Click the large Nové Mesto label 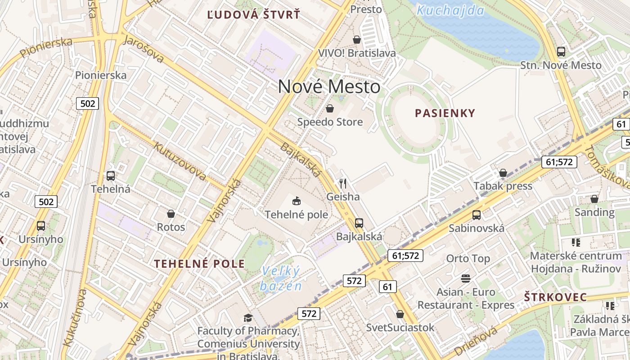pyautogui.click(x=329, y=86)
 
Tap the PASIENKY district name pyautogui.click(x=445, y=113)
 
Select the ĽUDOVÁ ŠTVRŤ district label pyautogui.click(x=253, y=15)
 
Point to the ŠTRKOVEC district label pyautogui.click(x=555, y=297)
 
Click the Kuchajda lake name pyautogui.click(x=450, y=10)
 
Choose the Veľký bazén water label pyautogui.click(x=280, y=279)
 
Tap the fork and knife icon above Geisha pyautogui.click(x=343, y=184)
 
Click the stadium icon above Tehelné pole pyautogui.click(x=296, y=201)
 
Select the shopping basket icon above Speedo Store pyautogui.click(x=330, y=108)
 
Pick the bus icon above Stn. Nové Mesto pyautogui.click(x=561, y=52)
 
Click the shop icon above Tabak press pyautogui.click(x=503, y=173)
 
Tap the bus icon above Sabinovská pyautogui.click(x=477, y=215)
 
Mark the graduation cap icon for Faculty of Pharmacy pyautogui.click(x=248, y=318)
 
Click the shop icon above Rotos pyautogui.click(x=171, y=214)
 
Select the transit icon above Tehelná pyautogui.click(x=111, y=176)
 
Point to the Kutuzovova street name pyautogui.click(x=180, y=161)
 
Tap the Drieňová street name pyautogui.click(x=476, y=341)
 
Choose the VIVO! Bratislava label pyautogui.click(x=357, y=53)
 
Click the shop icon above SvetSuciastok pyautogui.click(x=400, y=314)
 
